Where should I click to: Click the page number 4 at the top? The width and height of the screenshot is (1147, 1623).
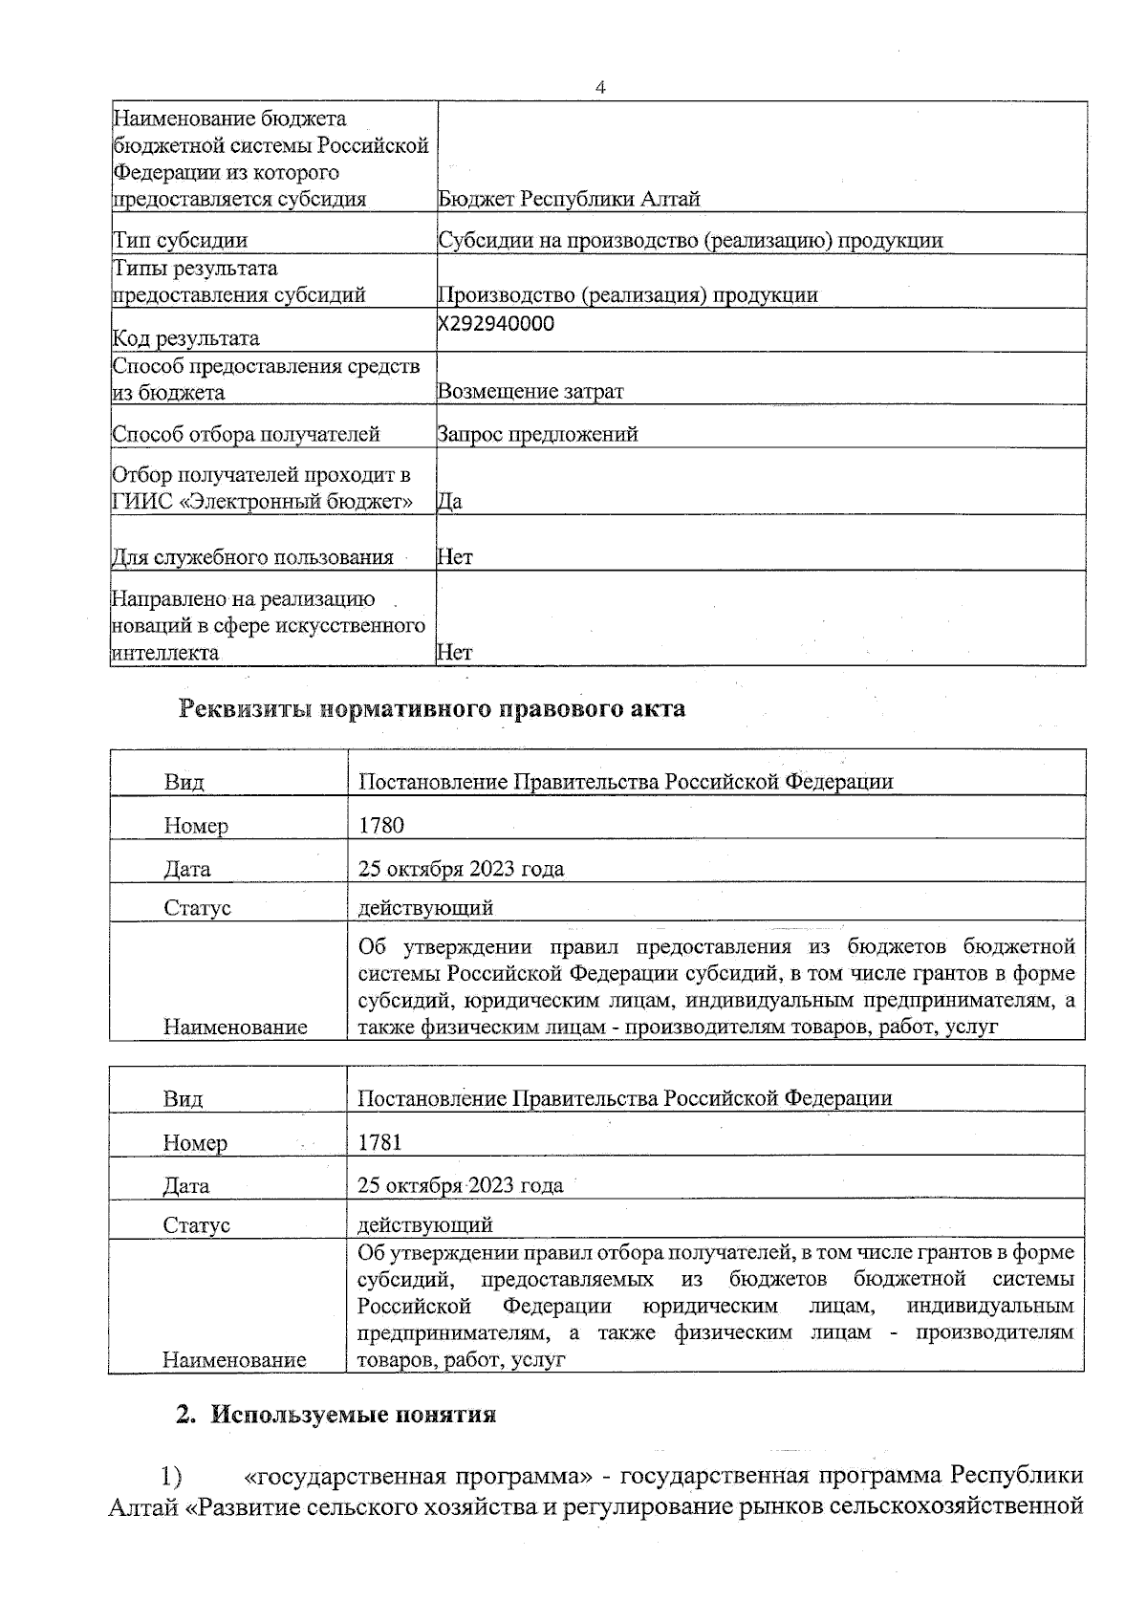[x=600, y=88]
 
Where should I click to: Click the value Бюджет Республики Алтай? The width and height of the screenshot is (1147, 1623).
[x=569, y=199]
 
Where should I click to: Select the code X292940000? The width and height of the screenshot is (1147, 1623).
[x=496, y=323]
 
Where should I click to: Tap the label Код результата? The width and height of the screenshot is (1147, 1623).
[x=185, y=338]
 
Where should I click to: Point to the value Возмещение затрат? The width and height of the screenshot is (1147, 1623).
[x=530, y=391]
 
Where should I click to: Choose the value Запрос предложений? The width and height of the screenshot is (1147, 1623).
[x=537, y=435]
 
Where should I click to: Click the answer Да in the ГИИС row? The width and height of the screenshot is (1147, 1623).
[x=449, y=501]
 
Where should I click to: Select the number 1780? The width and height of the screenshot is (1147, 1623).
[x=380, y=825]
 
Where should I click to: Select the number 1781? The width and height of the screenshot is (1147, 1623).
[x=379, y=1142]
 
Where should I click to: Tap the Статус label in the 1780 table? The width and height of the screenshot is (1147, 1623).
[x=197, y=907]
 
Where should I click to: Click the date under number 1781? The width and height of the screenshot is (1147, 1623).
[x=460, y=1185]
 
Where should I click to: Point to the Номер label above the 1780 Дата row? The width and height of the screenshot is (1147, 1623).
[x=196, y=825]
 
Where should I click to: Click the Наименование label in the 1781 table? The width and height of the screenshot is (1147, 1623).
[x=234, y=1359]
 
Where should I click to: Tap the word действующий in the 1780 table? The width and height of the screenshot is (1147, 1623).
[x=425, y=907]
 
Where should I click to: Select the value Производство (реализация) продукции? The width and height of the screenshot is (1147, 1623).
[x=627, y=294]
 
